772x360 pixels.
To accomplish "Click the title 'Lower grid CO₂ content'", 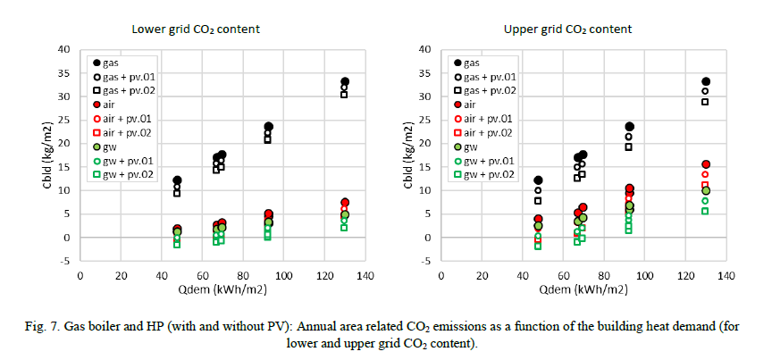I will click(196, 29).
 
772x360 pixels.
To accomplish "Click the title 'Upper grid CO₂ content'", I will click(567, 29).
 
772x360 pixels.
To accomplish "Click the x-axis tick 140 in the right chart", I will click(726, 275).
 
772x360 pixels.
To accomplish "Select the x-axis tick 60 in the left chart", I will click(203, 275).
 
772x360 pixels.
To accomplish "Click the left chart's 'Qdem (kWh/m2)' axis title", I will click(223, 289).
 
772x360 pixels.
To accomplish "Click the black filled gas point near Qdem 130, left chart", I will click(345, 82).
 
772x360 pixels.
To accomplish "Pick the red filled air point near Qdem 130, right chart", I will click(706, 164).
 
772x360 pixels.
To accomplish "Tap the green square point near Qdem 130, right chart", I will click(705, 211).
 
